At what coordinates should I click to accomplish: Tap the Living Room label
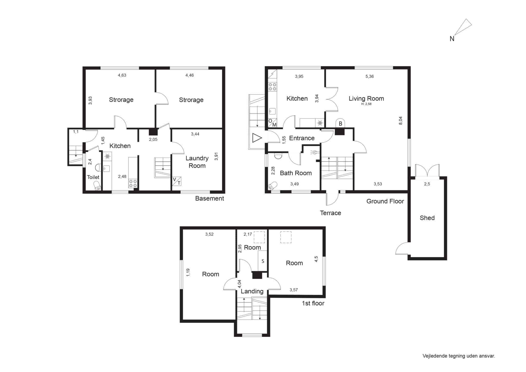pos(366,98)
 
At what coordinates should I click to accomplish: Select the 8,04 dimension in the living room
pos(400,120)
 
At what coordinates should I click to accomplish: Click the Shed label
pos(427,218)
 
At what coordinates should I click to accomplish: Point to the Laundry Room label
pos(197,162)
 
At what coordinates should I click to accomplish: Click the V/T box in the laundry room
pos(177,181)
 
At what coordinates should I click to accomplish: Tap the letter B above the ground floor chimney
pos(341,124)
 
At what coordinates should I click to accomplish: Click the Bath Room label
pos(296,173)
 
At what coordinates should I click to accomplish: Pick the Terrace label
pos(331,213)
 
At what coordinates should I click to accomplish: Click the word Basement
pos(210,198)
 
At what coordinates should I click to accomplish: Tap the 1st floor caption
pos(313,303)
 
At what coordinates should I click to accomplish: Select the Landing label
pos(252,291)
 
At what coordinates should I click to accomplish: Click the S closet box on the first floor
pos(262,261)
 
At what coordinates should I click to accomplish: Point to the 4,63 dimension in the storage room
pos(122,75)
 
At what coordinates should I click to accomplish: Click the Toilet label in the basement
pos(93,177)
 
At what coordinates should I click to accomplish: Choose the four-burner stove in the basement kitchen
pos(133,183)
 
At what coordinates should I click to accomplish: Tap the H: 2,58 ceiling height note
pos(366,104)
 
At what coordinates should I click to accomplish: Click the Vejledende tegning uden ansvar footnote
pos(459,356)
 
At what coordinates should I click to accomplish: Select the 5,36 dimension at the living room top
pos(370,76)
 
